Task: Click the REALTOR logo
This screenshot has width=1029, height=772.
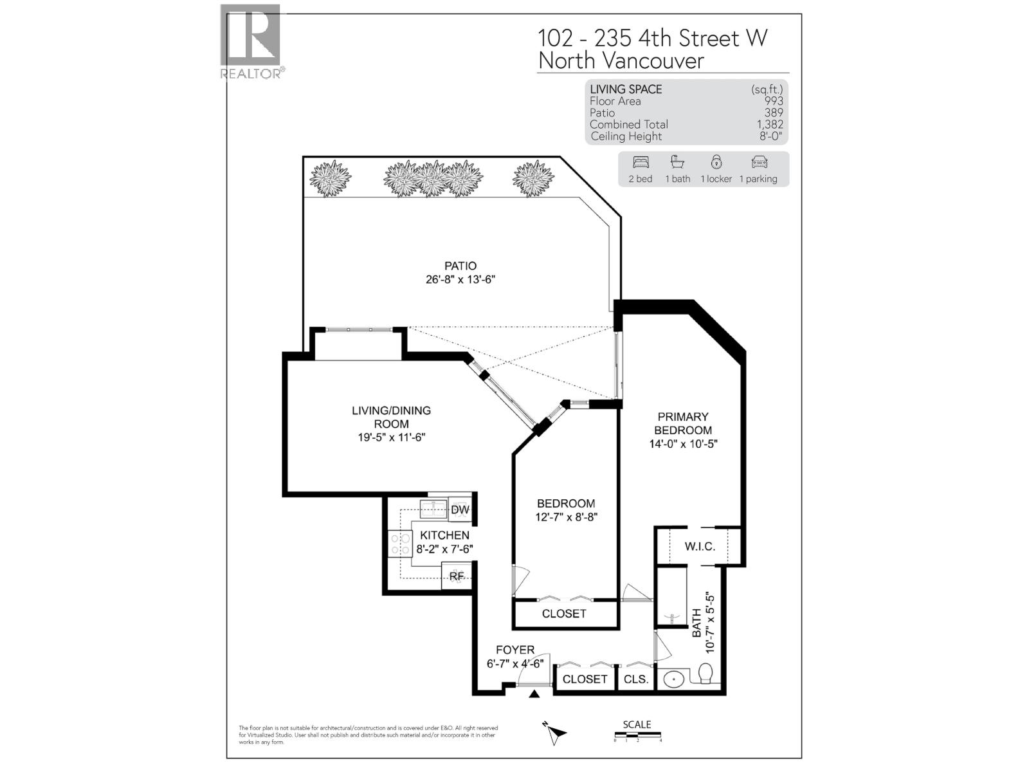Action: click(x=251, y=41)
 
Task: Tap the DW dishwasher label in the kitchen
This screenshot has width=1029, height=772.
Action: click(x=460, y=510)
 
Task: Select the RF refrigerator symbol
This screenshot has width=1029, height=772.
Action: click(x=456, y=576)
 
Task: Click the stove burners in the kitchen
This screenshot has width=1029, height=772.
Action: click(x=399, y=544)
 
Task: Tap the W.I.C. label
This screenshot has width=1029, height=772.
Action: click(x=700, y=546)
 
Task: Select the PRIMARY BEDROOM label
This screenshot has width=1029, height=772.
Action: click(x=683, y=423)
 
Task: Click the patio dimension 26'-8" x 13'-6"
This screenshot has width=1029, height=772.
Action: click(x=460, y=279)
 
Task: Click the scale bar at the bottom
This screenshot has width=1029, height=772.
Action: click(x=637, y=735)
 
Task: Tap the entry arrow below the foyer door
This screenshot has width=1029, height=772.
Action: click(x=534, y=694)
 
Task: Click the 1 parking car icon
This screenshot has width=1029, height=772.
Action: click(x=759, y=162)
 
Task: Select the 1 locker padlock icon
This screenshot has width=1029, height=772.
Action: click(x=716, y=162)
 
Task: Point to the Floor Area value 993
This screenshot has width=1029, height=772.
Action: click(x=773, y=101)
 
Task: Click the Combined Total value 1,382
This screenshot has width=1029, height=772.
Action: click(x=770, y=124)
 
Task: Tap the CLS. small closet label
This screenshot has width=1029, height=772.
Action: click(x=636, y=679)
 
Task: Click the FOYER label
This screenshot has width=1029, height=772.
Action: click(x=514, y=650)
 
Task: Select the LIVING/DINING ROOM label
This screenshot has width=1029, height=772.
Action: click(x=391, y=417)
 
